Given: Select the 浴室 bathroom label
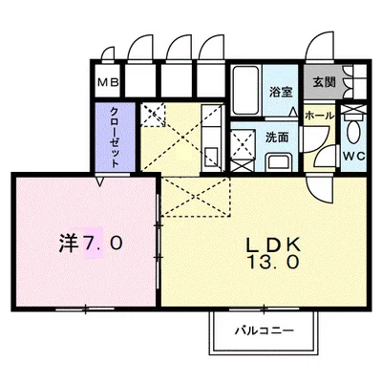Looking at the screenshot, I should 280,92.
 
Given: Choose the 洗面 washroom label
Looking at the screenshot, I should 278,137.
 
